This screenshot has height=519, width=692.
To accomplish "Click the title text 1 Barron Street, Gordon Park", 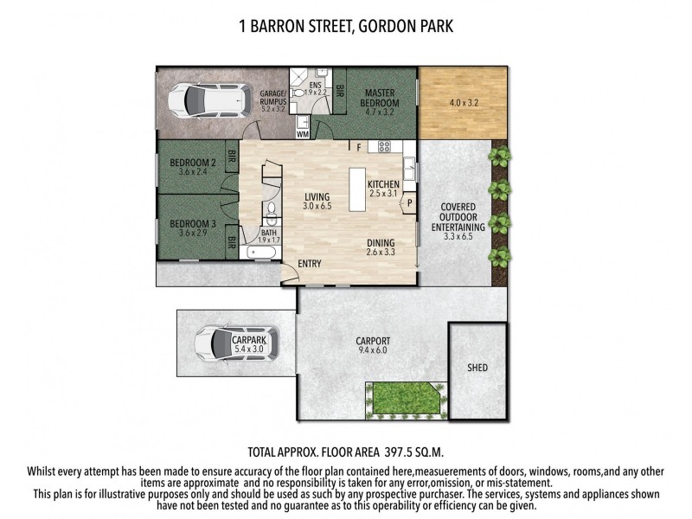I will pyautogui.click(x=345, y=27).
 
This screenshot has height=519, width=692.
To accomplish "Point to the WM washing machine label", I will pyautogui.click(x=303, y=134).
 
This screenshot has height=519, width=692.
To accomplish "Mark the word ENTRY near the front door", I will pyautogui.click(x=310, y=263).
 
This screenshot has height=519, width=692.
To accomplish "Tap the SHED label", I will pyautogui.click(x=477, y=368).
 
